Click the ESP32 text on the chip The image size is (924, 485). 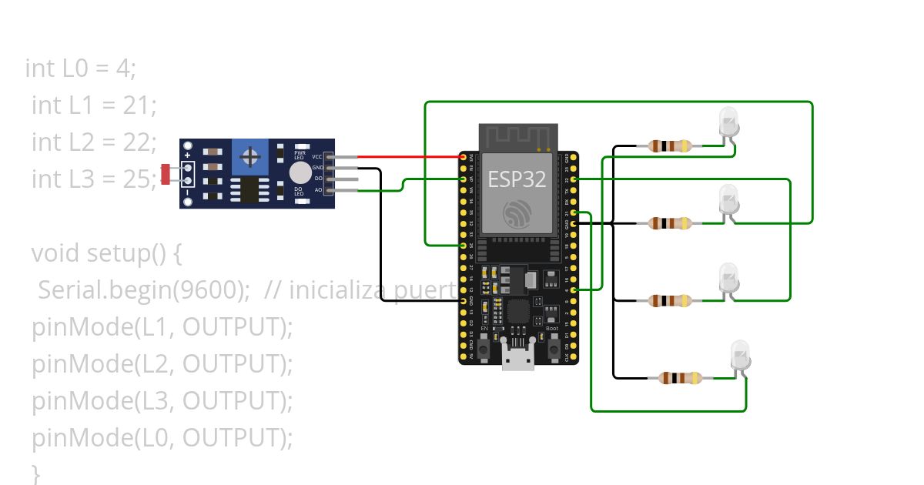pyautogui.click(x=517, y=179)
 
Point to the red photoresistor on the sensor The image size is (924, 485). pyautogui.click(x=166, y=174)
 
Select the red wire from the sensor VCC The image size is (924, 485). pyautogui.click(x=408, y=157)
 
